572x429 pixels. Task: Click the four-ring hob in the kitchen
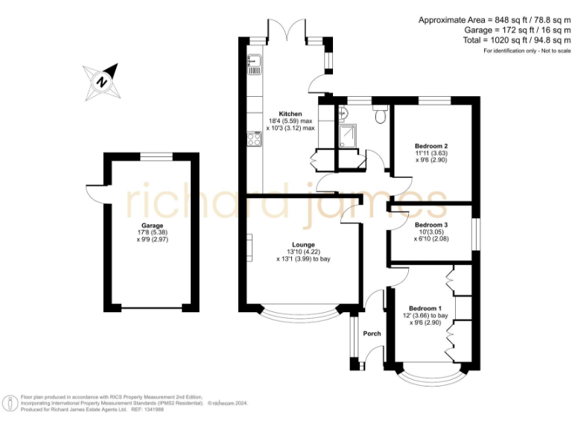click(254, 139)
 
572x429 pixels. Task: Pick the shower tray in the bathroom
click(346, 135)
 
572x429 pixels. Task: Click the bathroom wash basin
click(343, 114)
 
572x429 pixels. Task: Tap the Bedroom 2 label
click(431, 146)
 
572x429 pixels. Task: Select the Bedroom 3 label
click(431, 224)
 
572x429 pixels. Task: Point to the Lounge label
click(303, 244)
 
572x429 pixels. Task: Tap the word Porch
click(372, 334)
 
